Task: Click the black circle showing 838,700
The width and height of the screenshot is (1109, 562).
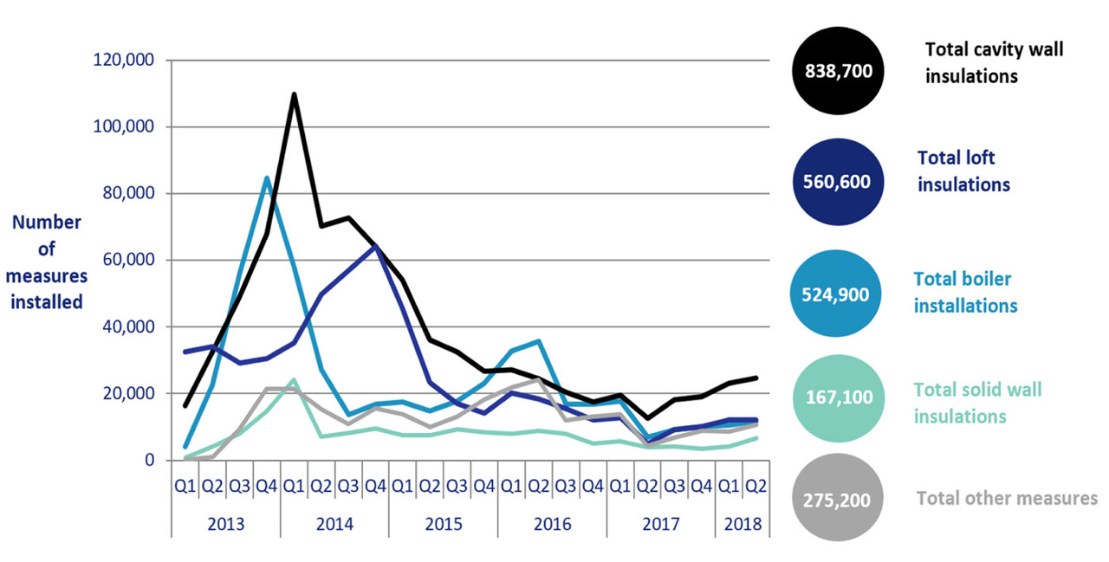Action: pyautogui.click(x=837, y=70)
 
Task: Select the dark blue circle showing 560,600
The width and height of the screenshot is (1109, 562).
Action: pyautogui.click(x=837, y=181)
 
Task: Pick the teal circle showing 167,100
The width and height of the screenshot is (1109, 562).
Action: pyautogui.click(x=837, y=397)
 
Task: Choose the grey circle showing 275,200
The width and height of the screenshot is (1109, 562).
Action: pyautogui.click(x=837, y=500)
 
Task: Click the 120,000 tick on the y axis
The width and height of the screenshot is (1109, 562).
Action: pyautogui.click(x=122, y=61)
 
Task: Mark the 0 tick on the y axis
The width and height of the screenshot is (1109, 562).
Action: pyautogui.click(x=148, y=461)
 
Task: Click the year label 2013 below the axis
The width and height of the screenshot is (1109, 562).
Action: pyautogui.click(x=226, y=525)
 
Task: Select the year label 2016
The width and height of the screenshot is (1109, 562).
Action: pyautogui.click(x=552, y=525)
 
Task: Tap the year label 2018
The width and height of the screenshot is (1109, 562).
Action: pyautogui.click(x=743, y=525)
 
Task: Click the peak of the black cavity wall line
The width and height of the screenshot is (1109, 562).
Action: pyautogui.click(x=294, y=94)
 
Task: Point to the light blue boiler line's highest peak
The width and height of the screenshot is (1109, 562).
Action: pyautogui.click(x=267, y=178)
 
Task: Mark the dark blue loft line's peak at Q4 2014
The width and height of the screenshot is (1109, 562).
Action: pyautogui.click(x=375, y=247)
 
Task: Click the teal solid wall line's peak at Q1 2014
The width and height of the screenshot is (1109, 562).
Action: pyautogui.click(x=294, y=379)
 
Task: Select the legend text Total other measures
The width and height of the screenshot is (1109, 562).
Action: pyautogui.click(x=1007, y=498)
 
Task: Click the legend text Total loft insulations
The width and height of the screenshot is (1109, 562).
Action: pyautogui.click(x=963, y=171)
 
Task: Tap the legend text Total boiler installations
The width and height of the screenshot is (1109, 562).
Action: pyautogui.click(x=965, y=292)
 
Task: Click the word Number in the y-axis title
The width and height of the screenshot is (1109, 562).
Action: pyautogui.click(x=47, y=223)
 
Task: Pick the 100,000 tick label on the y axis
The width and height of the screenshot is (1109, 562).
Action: pyautogui.click(x=122, y=127)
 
